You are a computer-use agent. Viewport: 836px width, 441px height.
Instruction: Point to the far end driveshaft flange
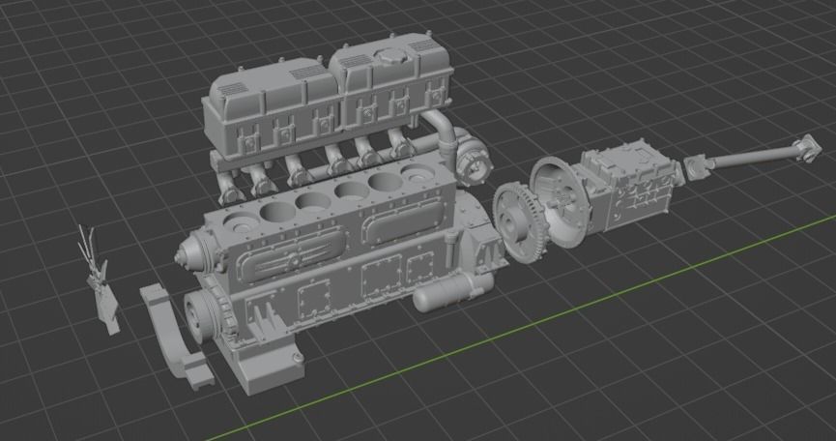(804, 146)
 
